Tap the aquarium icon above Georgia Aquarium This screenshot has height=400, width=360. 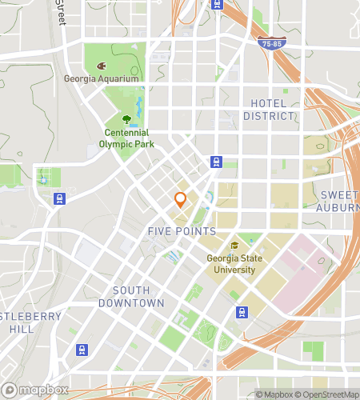click(x=101, y=66)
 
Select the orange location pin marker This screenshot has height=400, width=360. click(x=181, y=200)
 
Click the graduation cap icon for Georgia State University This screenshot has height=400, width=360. click(x=234, y=246)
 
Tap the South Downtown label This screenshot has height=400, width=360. click(x=131, y=297)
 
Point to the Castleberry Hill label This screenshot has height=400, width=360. click(x=28, y=322)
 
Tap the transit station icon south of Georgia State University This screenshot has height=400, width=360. click(x=241, y=311)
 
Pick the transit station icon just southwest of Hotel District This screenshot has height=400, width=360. click(x=216, y=162)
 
